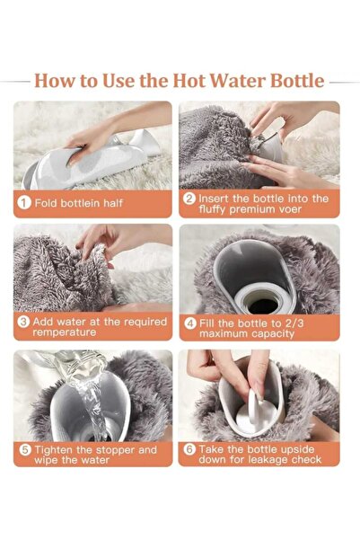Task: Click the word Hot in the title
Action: [x=189, y=81]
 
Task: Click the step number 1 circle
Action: [x=23, y=202]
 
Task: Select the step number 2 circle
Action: [x=189, y=199]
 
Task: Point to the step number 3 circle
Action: [x=23, y=322]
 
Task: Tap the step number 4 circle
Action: [x=190, y=323]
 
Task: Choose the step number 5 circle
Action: [x=25, y=450]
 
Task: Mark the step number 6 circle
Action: [x=189, y=449]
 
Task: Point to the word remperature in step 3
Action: [x=65, y=332]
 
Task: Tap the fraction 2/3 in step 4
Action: [x=294, y=323]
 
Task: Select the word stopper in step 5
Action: [x=115, y=450]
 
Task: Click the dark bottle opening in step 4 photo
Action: [x=263, y=305]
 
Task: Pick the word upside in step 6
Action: [x=297, y=449]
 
